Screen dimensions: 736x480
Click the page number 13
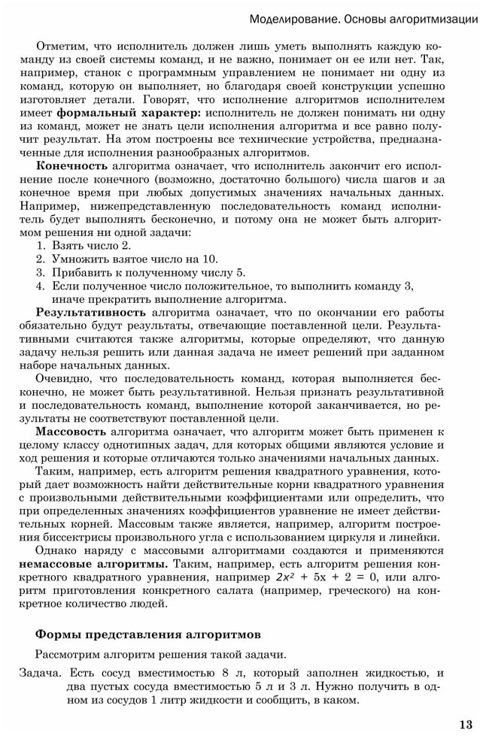tap(466, 724)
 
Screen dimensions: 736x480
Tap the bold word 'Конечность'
tap(72, 165)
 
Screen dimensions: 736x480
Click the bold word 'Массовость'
tap(71, 432)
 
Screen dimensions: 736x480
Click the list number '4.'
tap(42, 286)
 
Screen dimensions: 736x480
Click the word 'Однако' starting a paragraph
tap(54, 550)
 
